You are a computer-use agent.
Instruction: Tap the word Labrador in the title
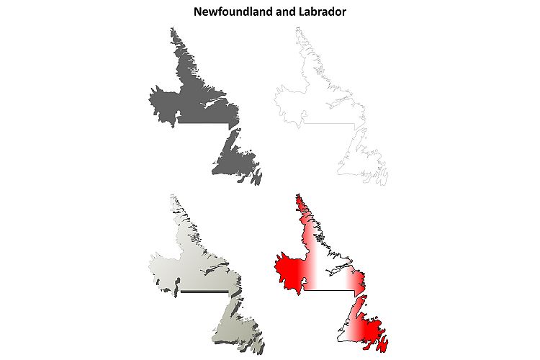click(x=323, y=12)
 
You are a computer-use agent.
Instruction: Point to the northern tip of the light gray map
click(x=172, y=196)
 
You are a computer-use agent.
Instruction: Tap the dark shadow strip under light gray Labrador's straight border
click(x=205, y=292)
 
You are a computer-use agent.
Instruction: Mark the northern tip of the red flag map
click(x=297, y=195)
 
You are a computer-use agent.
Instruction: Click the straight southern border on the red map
click(x=328, y=291)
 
